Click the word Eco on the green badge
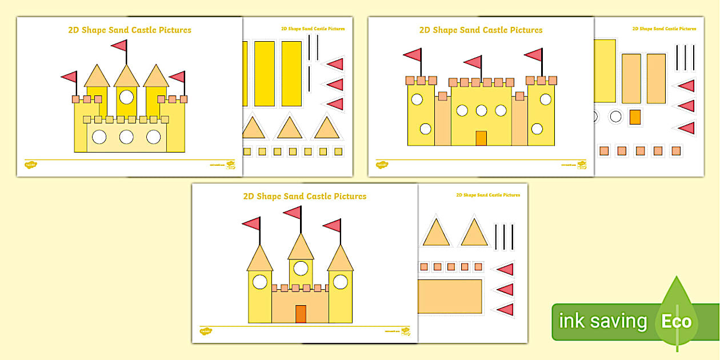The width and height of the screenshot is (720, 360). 677,321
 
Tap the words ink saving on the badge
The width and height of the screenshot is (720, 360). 603,321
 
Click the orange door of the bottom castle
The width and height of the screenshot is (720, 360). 301,314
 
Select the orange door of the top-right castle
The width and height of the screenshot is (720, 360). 481,138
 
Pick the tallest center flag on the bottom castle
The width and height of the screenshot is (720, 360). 293,213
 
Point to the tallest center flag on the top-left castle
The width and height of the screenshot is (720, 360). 119,45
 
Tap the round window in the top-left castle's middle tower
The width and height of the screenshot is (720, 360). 126,97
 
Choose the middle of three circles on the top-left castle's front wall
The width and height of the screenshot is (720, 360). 126,137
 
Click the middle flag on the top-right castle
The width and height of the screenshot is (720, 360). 474,62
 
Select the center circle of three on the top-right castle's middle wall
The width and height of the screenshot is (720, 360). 481,110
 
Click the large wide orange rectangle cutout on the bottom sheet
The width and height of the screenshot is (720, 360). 450,296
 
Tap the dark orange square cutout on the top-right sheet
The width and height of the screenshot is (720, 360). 635,117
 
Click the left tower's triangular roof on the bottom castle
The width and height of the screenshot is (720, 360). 260,258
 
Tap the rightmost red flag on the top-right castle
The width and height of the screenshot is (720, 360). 534,55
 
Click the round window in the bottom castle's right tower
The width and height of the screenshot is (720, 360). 341,281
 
